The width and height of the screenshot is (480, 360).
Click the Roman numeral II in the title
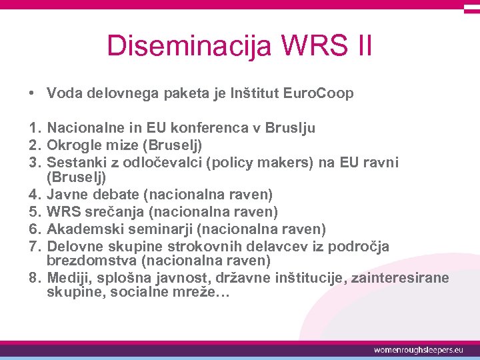[x=361, y=47]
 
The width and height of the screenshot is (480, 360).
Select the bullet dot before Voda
[x=32, y=93]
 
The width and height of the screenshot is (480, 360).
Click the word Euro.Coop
[x=317, y=93]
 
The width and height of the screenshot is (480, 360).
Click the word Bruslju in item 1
[x=291, y=127]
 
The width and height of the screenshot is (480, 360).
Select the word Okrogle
[x=75, y=144]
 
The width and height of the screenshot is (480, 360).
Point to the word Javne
[x=67, y=195]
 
